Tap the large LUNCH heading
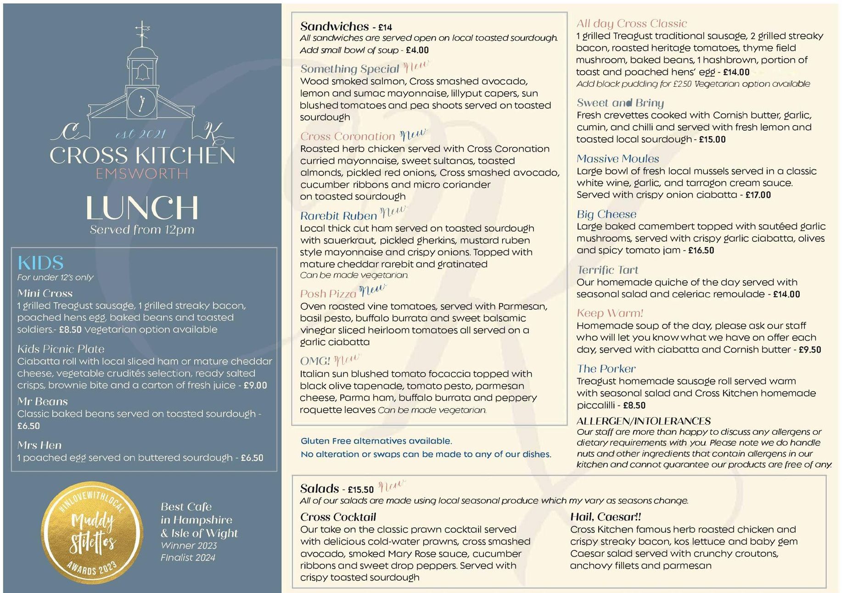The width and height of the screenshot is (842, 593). click(x=142, y=208)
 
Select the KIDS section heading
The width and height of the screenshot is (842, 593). click(x=40, y=263)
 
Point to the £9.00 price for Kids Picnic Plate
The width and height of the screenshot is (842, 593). click(x=255, y=385)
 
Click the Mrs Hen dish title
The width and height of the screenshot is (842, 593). click(x=39, y=445)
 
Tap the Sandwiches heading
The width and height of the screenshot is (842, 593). click(x=334, y=27)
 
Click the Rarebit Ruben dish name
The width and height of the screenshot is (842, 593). click(x=338, y=216)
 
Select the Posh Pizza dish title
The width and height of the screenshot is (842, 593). click(x=328, y=294)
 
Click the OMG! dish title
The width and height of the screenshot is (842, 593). click(x=315, y=361)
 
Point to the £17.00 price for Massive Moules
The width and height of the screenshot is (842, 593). click(x=758, y=195)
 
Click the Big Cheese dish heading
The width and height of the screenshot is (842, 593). click(x=606, y=214)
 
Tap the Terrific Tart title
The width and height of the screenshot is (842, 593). click(x=607, y=270)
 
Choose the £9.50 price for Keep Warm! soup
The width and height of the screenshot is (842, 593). click(x=809, y=349)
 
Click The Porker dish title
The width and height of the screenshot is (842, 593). click(x=606, y=369)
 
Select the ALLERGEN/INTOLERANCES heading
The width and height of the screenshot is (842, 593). click(x=643, y=421)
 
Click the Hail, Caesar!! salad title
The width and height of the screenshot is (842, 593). click(x=605, y=517)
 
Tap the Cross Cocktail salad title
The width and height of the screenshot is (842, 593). click(x=338, y=517)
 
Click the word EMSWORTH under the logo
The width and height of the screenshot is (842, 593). click(x=142, y=174)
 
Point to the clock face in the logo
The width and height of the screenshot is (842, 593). click(x=142, y=102)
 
